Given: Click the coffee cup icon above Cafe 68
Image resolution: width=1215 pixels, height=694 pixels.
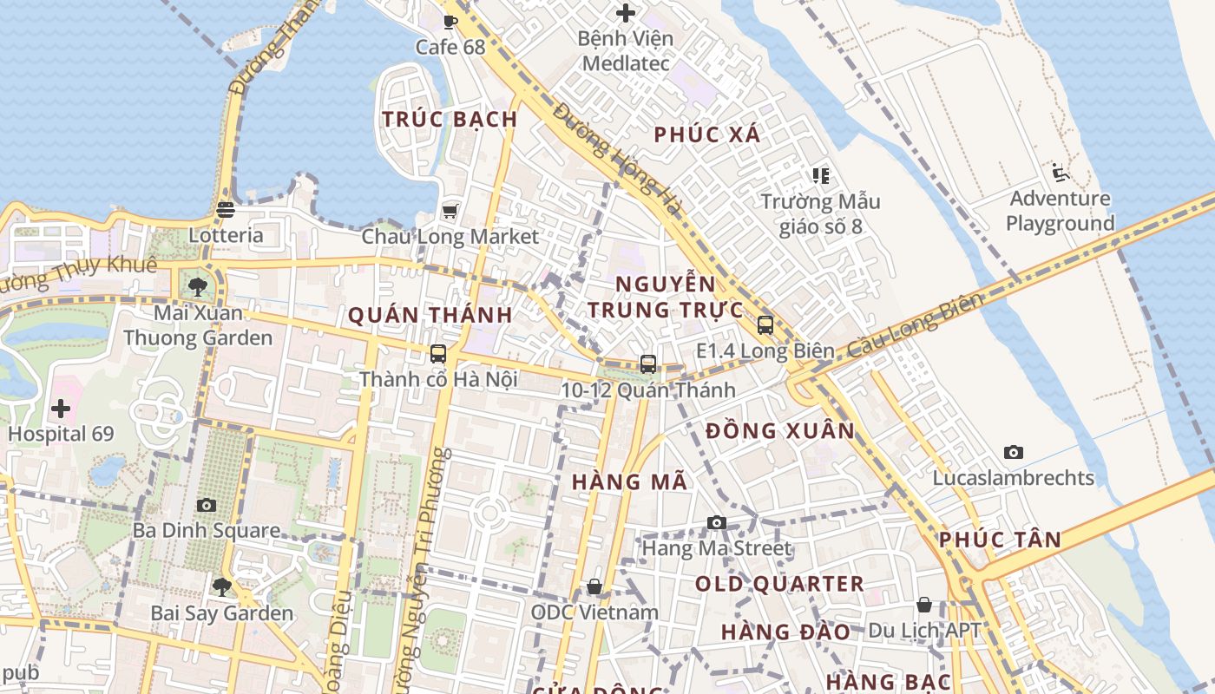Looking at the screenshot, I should [x=450, y=22].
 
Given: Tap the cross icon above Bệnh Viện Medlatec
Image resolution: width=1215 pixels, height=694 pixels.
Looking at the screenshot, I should [x=625, y=13].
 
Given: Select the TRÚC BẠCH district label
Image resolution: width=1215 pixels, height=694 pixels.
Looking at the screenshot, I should [x=450, y=120].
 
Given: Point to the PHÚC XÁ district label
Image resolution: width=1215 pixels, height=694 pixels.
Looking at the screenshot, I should [x=707, y=134].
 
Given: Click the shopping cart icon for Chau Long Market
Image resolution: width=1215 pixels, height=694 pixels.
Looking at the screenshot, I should [x=450, y=211].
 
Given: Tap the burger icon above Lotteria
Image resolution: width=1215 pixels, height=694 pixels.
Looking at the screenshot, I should [x=226, y=209].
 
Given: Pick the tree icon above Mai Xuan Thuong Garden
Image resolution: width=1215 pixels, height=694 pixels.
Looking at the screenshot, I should [x=198, y=286].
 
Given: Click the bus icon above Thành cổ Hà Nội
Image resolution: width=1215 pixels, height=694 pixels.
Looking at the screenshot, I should [x=438, y=354].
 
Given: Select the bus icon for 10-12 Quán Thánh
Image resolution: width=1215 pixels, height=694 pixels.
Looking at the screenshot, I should [x=648, y=364].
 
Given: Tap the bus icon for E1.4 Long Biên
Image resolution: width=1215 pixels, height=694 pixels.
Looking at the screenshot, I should [x=765, y=325].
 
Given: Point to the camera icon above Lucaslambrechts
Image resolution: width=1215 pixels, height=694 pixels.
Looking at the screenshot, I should [x=1013, y=452].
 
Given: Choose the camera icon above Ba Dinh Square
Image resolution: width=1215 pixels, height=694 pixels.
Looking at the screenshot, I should [x=207, y=505].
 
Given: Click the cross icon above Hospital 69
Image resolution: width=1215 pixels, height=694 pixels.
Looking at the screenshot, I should [x=61, y=408].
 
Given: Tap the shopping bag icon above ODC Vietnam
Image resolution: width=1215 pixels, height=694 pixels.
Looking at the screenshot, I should [x=594, y=586].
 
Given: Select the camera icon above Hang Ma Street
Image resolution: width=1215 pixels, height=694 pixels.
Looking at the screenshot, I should [x=716, y=522].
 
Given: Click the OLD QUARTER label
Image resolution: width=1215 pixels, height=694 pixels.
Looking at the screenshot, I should [x=779, y=584].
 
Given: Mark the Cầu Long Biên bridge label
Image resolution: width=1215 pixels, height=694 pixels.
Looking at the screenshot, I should [x=916, y=324].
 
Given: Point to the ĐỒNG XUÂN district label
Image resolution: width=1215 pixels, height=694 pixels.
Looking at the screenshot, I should [x=780, y=431].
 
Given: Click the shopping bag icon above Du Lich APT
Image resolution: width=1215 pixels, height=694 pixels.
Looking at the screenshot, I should [x=924, y=605].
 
